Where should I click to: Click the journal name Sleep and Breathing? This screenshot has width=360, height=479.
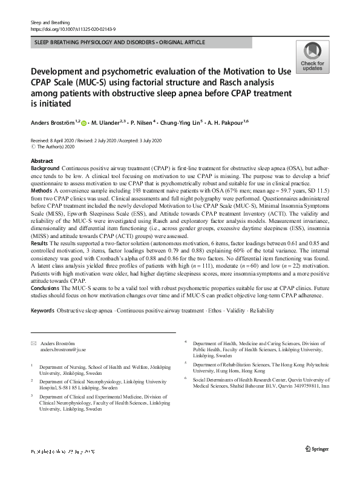pyautogui.click(x=48, y=22)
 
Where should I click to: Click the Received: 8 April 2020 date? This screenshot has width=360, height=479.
pyautogui.click(x=57, y=139)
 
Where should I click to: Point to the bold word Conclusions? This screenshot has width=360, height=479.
pyautogui.click(x=46, y=289)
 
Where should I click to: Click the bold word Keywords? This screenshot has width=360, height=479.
pyautogui.click(x=42, y=310)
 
